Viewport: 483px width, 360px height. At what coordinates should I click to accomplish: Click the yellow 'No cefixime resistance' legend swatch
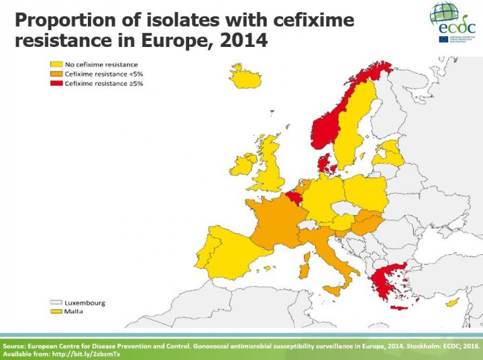pos(52,64)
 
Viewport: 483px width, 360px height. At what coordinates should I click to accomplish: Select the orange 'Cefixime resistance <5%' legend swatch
pos(52,74)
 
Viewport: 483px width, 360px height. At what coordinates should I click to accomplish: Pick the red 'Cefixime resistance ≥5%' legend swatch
pos(52,84)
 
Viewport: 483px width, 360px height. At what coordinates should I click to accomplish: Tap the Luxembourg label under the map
pos(85,303)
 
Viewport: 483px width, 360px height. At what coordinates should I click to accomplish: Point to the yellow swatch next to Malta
pos(52,312)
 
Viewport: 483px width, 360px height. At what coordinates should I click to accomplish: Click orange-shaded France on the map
pos(272,221)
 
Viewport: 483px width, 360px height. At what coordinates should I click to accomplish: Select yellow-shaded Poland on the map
pos(366,192)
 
